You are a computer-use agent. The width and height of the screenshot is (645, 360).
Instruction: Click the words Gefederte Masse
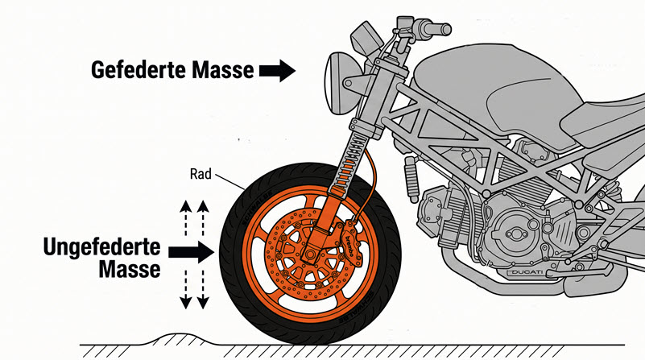click(172, 71)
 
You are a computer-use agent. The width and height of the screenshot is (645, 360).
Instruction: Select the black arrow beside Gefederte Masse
click(277, 71)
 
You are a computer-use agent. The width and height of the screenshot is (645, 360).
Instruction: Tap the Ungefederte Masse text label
click(101, 256)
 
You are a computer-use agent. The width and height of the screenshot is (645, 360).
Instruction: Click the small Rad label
click(201, 172)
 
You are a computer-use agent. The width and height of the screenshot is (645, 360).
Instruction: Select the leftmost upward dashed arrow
click(185, 216)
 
